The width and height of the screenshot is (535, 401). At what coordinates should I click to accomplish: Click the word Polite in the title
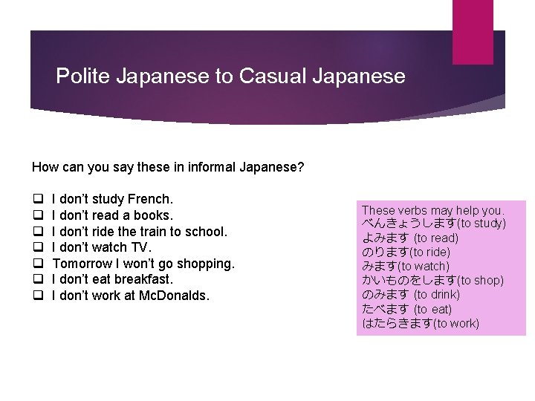pyautogui.click(x=80, y=76)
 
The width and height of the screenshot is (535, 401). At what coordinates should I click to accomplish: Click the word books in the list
pyautogui.click(x=153, y=215)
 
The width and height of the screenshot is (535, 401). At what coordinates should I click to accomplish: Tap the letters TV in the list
pyautogui.click(x=140, y=247)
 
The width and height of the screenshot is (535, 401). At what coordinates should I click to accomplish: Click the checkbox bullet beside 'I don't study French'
pyautogui.click(x=36, y=200)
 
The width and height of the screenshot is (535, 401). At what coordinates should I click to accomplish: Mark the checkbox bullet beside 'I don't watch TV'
pyautogui.click(x=36, y=248)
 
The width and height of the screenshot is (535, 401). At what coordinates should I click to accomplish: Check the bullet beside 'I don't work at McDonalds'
pyautogui.click(x=36, y=296)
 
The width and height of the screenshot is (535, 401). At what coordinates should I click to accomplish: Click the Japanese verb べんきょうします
pyautogui.click(x=409, y=224)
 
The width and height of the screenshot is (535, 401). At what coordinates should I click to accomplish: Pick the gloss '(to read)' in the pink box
pyautogui.click(x=436, y=238)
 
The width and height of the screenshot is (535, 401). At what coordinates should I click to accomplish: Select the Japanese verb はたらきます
pyautogui.click(x=397, y=323)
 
